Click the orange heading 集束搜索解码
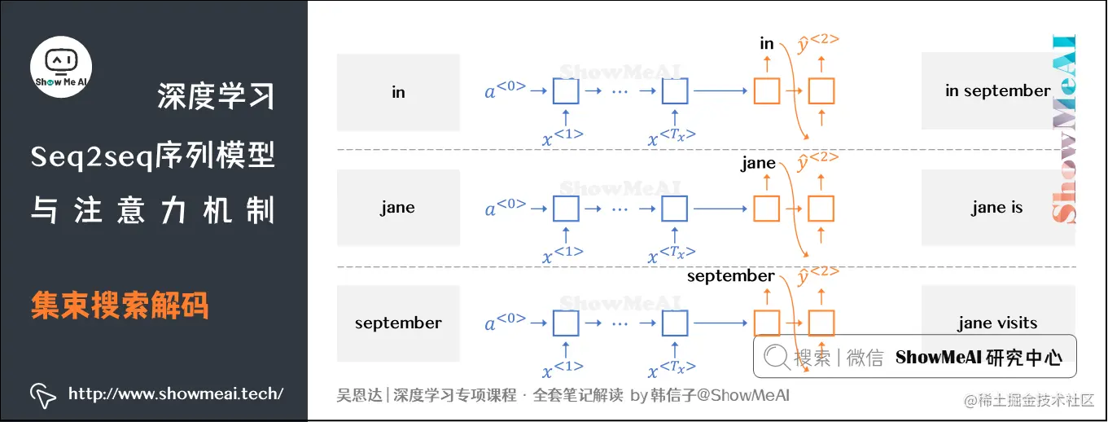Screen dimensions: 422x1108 point(120,306)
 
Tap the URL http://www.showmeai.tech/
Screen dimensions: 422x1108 point(175,394)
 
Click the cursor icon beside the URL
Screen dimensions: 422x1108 point(43,395)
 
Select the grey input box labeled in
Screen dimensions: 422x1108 point(398,92)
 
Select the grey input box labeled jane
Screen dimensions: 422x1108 point(398,208)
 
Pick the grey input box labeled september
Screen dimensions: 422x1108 point(398,323)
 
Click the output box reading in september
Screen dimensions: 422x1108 point(997,91)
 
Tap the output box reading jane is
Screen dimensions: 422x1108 point(997,208)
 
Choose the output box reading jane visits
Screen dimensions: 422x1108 point(997,323)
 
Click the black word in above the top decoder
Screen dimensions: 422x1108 point(767,43)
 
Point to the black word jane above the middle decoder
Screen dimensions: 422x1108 point(758,164)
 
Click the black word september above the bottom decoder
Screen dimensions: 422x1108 point(730,276)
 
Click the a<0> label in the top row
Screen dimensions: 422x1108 point(506,91)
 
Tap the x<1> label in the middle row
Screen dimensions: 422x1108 point(563,254)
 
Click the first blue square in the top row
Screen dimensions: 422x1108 point(566,91)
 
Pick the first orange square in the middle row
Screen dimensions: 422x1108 point(767,209)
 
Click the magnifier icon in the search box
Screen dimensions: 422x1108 point(777,357)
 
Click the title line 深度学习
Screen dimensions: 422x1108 point(216,96)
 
